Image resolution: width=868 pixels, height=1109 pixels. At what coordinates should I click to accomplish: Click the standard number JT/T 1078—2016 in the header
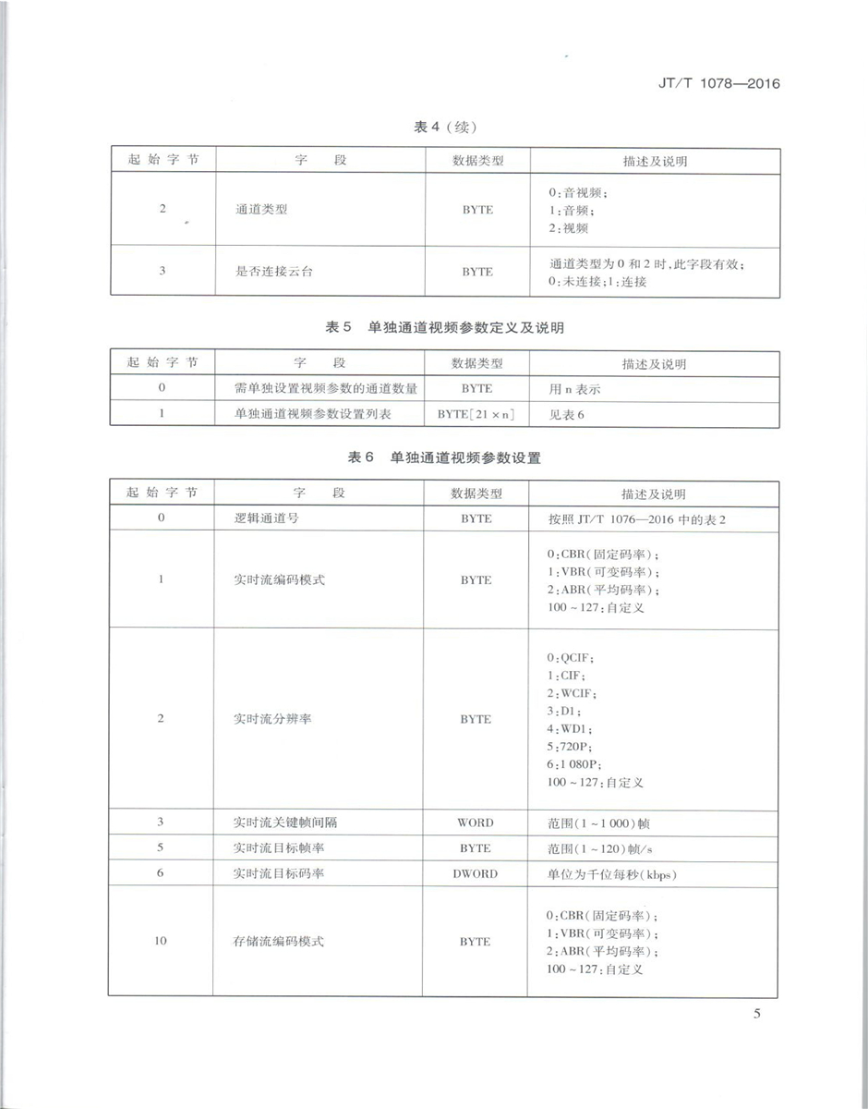click(708, 83)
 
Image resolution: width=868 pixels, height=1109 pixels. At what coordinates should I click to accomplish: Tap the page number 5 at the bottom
click(756, 1014)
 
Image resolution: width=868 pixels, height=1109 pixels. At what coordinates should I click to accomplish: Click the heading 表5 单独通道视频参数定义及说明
click(445, 328)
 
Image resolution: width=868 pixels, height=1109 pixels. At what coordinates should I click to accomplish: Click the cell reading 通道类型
click(262, 210)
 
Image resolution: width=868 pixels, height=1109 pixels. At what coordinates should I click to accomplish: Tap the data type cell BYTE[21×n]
click(476, 414)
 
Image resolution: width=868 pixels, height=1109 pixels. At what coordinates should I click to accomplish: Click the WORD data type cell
click(476, 823)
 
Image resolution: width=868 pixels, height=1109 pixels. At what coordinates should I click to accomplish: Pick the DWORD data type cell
click(476, 873)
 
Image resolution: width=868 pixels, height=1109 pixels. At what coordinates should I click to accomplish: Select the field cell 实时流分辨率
click(273, 719)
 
